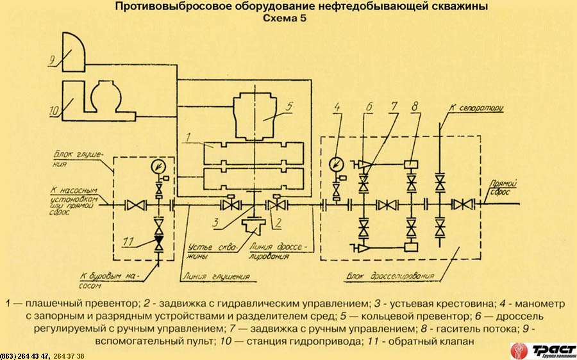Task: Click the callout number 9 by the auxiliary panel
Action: pos(53,60)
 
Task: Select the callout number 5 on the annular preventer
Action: pos(289,107)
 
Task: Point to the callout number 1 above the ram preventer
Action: pos(188,138)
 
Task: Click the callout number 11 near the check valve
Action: pos(128,241)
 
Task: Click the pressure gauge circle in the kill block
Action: pos(158,167)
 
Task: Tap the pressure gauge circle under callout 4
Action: pos(336,163)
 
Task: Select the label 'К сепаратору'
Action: pos(476,108)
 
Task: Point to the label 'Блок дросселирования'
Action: pos(390,276)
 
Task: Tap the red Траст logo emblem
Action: pos(519,351)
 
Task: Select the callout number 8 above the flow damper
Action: pos(415,107)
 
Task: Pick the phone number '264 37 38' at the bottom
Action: pos(69,356)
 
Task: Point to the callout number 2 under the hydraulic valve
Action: pos(278,223)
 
